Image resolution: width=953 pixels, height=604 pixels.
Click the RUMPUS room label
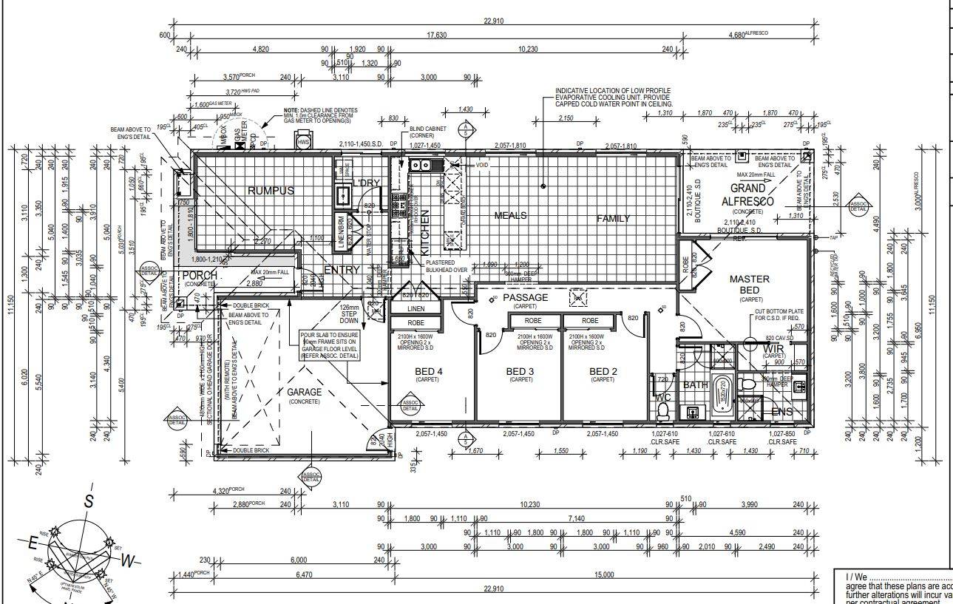271,191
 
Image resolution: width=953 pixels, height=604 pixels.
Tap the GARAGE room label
305,393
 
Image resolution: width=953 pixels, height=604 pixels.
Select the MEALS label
510,216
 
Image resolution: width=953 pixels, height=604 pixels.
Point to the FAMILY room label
614,219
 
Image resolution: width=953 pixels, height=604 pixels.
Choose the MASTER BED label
750,285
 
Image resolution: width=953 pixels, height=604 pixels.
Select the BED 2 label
603,371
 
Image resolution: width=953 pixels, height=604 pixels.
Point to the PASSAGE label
526,298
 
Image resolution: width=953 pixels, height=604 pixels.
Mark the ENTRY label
342,270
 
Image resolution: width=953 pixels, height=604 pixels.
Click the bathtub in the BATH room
721,394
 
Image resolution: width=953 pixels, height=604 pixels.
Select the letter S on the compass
89,501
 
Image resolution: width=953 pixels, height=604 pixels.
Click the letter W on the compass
128,561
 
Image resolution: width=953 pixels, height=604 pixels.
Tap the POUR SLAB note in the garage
330,345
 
